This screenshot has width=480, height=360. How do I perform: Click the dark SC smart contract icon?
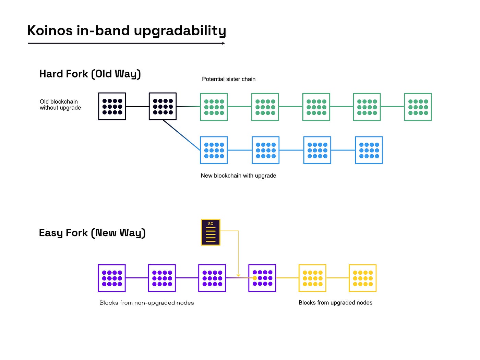(x=211, y=232)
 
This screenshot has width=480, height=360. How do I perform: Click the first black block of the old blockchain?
(x=112, y=106)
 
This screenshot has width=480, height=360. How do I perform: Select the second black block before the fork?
(x=163, y=106)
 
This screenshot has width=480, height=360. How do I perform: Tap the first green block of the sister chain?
(x=214, y=107)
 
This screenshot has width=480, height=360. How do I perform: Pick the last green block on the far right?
(x=418, y=107)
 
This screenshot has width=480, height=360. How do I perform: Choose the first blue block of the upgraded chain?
(x=214, y=150)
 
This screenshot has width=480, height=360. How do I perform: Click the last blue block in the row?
(x=369, y=150)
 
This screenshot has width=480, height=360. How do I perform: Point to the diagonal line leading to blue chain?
(x=182, y=135)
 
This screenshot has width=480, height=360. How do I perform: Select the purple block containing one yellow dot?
(x=262, y=278)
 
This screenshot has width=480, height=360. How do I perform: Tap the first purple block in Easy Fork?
(x=112, y=278)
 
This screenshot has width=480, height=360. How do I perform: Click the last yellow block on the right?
(x=363, y=278)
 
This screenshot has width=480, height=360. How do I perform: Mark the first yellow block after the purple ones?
(x=312, y=278)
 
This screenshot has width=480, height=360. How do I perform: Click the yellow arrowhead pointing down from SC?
(x=238, y=275)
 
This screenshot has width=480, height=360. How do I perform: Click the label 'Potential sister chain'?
(x=229, y=79)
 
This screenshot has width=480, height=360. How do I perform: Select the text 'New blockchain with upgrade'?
(x=238, y=176)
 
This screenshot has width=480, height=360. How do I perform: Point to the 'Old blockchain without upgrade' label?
(x=60, y=105)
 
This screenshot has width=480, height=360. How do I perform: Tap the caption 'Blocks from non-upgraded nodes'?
(x=147, y=303)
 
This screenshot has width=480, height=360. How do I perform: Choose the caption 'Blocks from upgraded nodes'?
(x=335, y=303)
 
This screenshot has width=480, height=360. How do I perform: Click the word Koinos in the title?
(x=50, y=31)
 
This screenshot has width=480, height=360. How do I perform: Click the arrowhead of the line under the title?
(x=224, y=43)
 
